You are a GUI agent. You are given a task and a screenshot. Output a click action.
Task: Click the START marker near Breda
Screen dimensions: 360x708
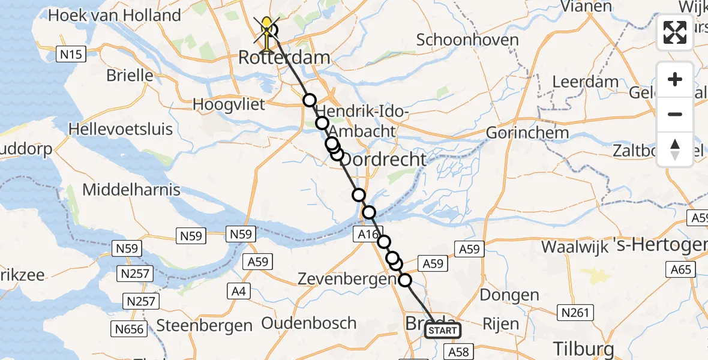tap(443, 331)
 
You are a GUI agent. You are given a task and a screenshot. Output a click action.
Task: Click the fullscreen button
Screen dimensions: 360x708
tap(675, 32)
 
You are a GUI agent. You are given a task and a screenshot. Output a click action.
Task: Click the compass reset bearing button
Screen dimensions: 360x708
tap(675, 149)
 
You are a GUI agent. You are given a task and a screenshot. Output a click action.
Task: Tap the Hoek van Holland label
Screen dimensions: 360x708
tap(114, 15)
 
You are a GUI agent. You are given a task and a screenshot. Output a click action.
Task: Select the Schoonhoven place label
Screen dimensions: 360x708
tap(467, 40)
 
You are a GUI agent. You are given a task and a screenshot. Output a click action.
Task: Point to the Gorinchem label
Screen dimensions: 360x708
tap(519, 133)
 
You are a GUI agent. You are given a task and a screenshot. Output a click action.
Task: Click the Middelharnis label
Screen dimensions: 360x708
tap(131, 190)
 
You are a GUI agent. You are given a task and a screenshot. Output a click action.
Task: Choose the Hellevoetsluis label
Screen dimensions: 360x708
tap(121, 129)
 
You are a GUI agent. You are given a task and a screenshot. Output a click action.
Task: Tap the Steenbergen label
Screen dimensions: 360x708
tap(204, 326)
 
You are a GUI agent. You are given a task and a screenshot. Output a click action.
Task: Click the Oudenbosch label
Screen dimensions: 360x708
tap(309, 323)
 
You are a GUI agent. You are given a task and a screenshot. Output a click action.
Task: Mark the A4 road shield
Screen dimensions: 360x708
tap(238, 292)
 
